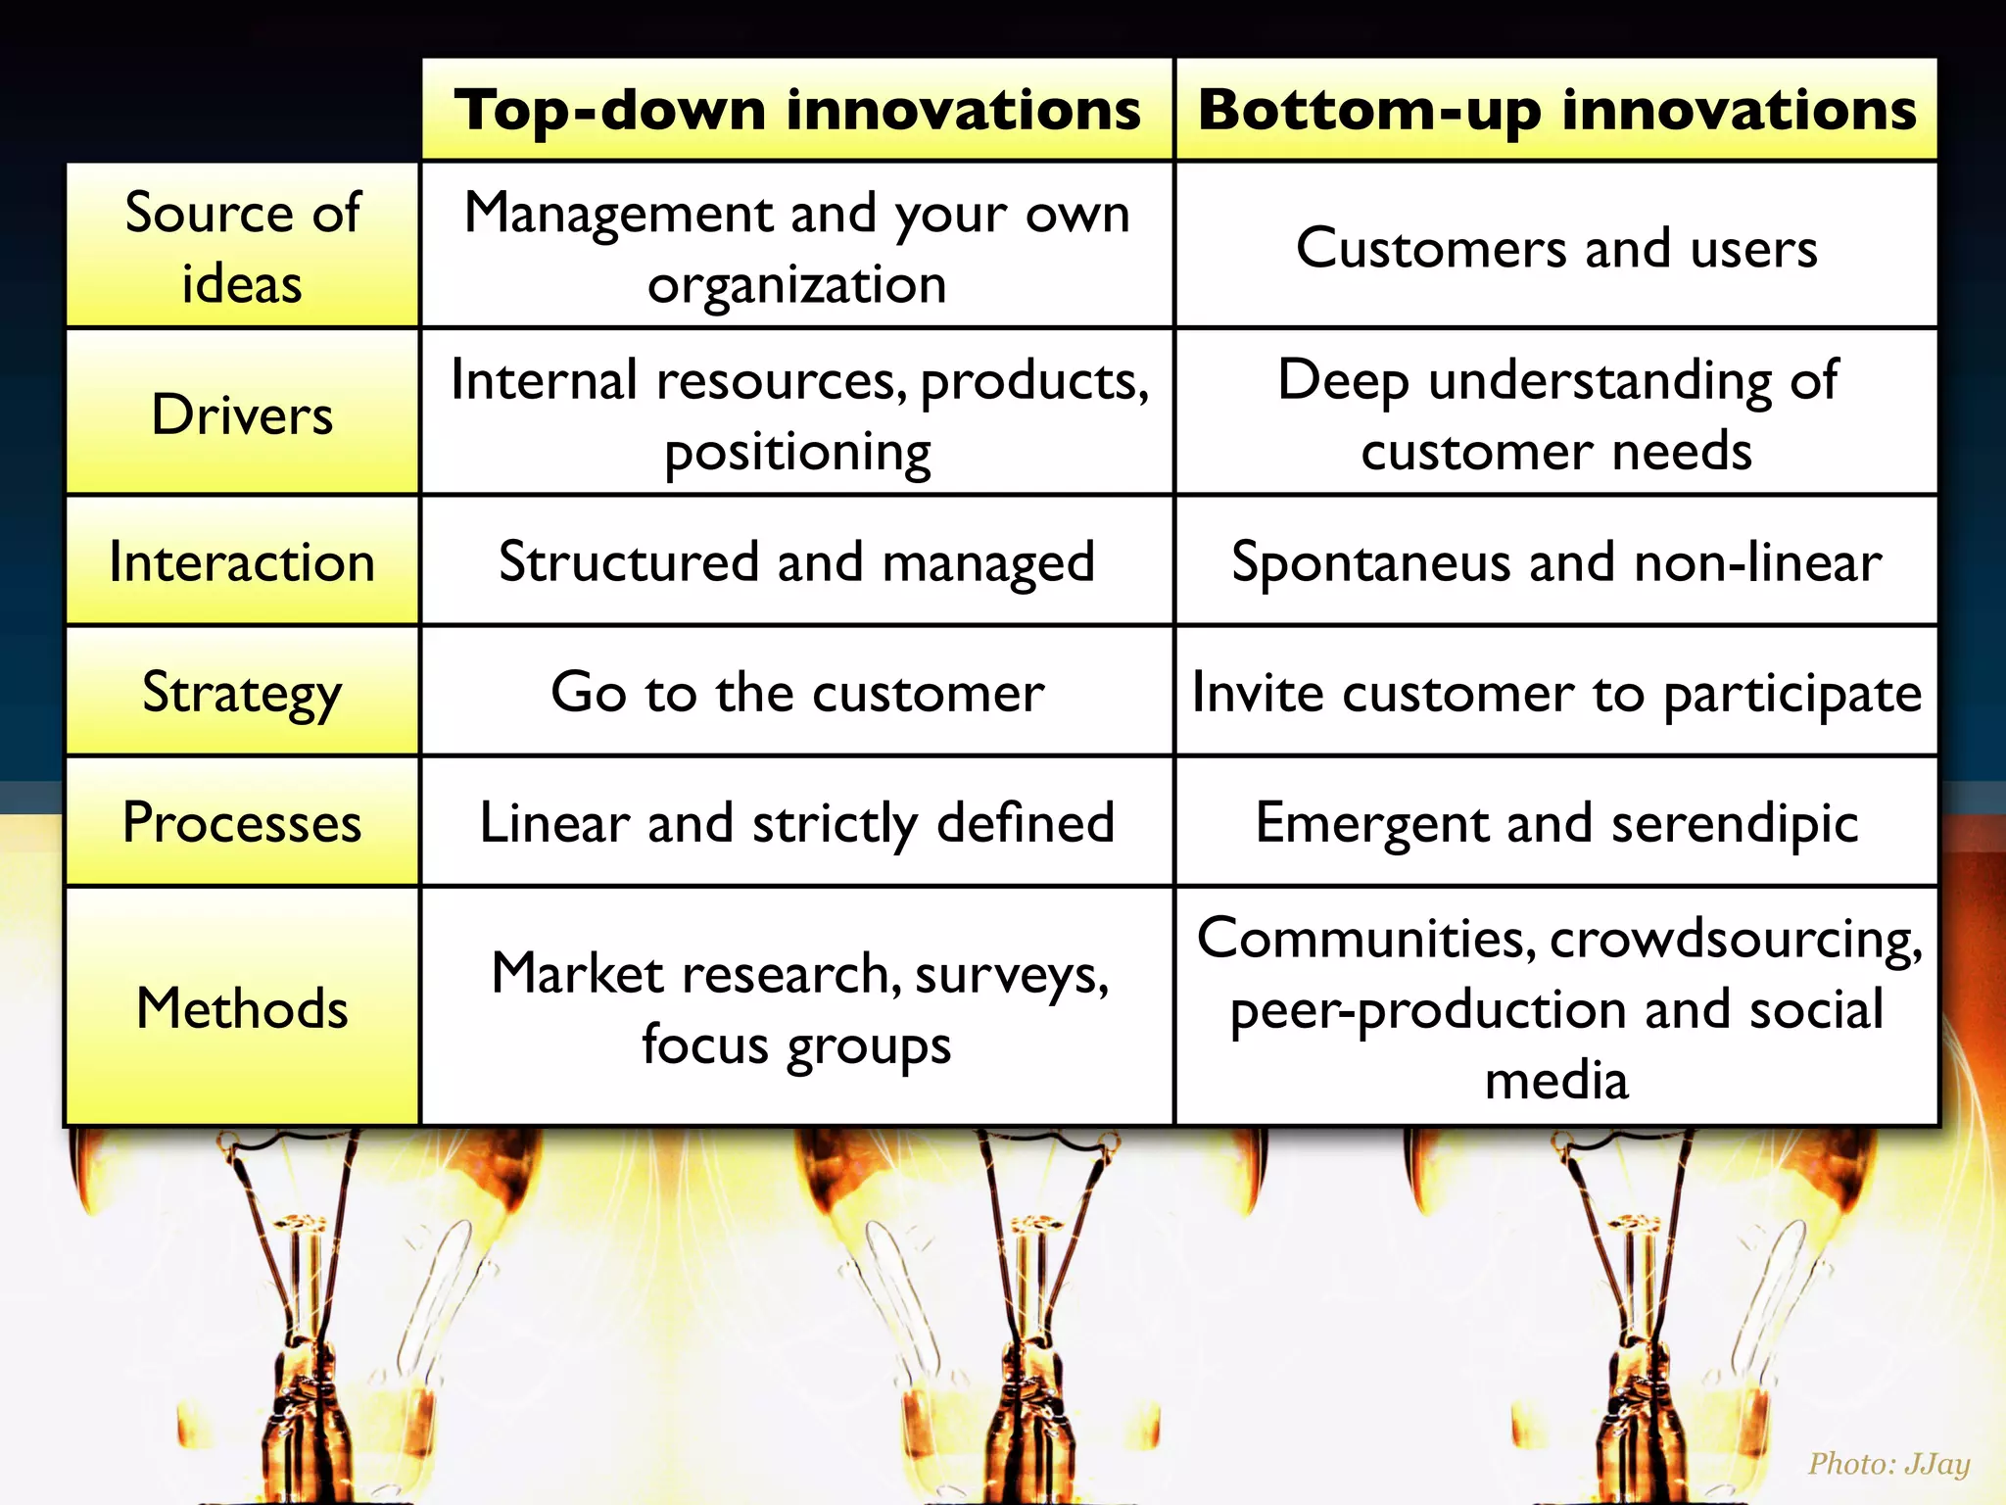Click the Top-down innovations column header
tap(797, 110)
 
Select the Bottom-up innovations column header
tap(1556, 110)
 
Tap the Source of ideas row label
tap(242, 247)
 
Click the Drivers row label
tap(242, 413)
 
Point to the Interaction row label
tap(242, 562)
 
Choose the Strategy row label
tap(242, 693)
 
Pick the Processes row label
tap(242, 823)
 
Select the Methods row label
tap(242, 1008)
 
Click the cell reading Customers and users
tap(1556, 247)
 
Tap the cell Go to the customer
tap(797, 693)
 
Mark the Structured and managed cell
tap(797, 562)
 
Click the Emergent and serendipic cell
tap(1556, 823)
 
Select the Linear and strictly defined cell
tap(797, 823)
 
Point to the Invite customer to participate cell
tap(1556, 693)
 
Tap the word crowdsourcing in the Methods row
tap(1736, 939)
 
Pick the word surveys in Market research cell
tap(1011, 975)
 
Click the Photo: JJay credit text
tap(1888, 1464)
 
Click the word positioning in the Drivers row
tap(797, 453)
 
